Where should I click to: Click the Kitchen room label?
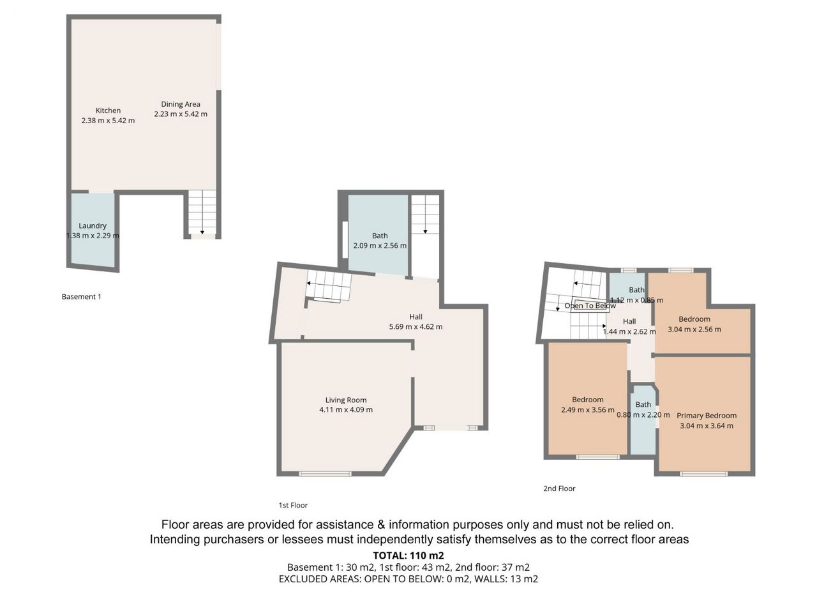(x=108, y=110)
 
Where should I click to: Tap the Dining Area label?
(x=181, y=104)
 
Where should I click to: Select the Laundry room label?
(x=93, y=225)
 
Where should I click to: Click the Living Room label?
(x=346, y=400)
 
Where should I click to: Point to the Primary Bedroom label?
(x=707, y=416)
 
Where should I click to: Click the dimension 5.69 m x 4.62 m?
(x=416, y=327)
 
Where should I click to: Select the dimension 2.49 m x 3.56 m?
(x=588, y=410)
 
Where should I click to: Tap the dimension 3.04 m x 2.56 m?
(x=694, y=329)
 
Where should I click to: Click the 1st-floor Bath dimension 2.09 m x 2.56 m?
(x=380, y=246)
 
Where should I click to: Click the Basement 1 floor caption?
(x=81, y=297)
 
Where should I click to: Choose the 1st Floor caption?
(x=293, y=505)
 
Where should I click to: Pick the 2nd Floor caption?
(x=559, y=488)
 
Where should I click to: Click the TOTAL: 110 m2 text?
(x=408, y=556)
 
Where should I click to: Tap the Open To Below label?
(x=590, y=306)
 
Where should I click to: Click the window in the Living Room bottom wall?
(x=325, y=474)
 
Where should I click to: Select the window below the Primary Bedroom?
(x=703, y=474)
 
